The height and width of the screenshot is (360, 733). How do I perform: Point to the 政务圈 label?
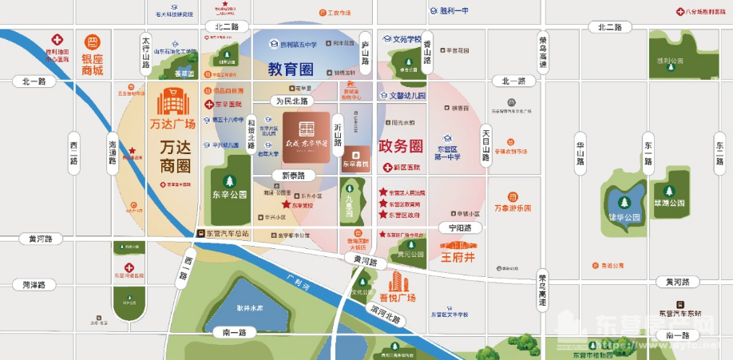coord(399,146)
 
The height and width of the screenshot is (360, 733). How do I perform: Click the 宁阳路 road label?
coord(460,228)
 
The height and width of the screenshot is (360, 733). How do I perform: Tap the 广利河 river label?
coord(297,278)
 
